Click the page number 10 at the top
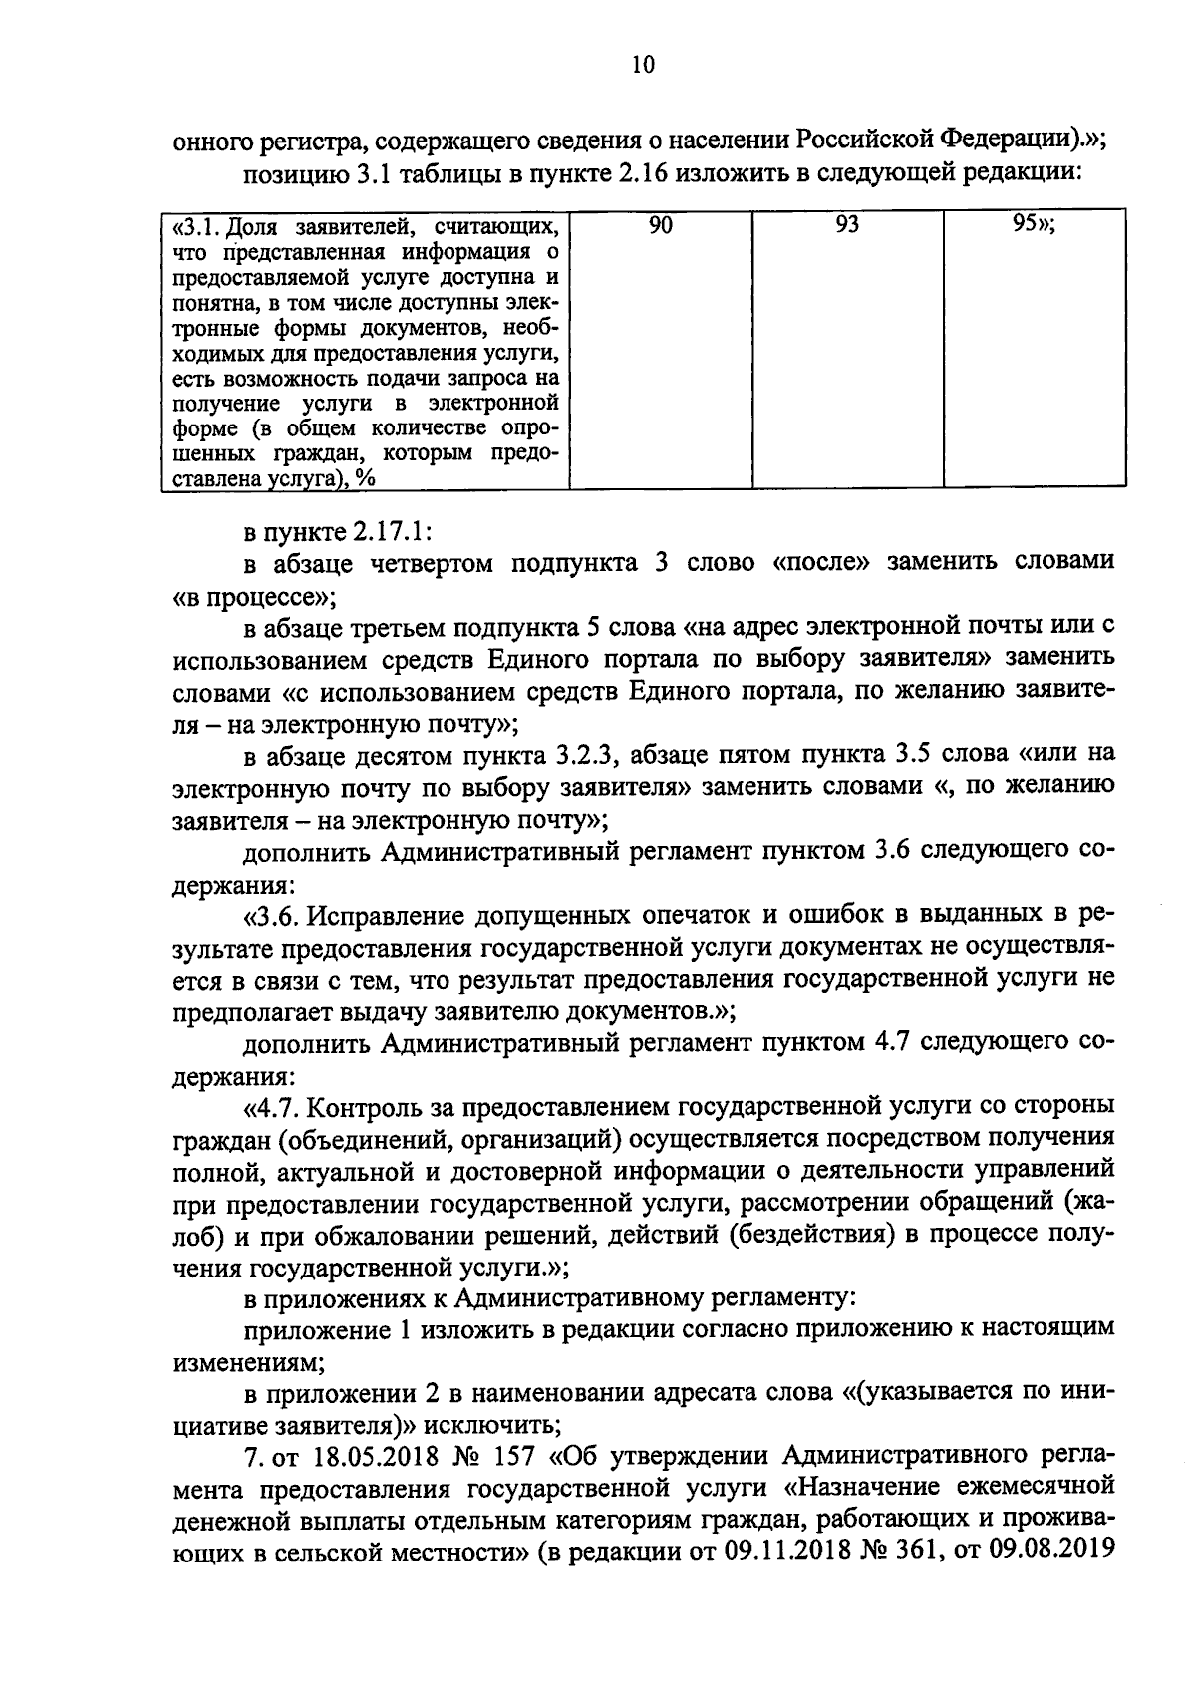(642, 66)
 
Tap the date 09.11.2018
(746, 1552)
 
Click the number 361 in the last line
(907, 1552)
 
